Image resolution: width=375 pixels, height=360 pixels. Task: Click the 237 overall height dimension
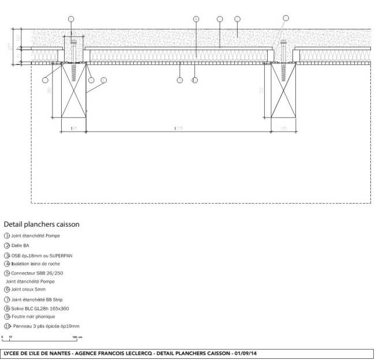click(x=10, y=46)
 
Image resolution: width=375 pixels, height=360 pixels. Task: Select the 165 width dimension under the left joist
click(x=74, y=128)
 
